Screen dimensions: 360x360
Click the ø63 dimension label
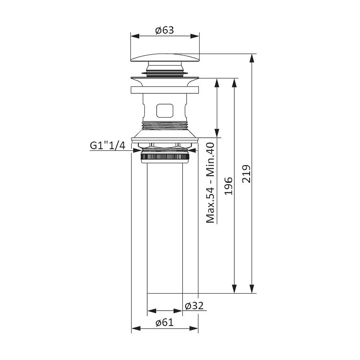165,30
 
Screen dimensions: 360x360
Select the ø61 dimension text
165,322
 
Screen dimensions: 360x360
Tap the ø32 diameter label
194,306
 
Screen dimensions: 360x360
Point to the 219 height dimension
246,174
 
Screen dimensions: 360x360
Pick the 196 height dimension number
228,186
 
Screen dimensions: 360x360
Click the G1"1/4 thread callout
108,145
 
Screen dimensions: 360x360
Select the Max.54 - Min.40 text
210,183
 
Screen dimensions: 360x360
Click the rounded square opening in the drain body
165,111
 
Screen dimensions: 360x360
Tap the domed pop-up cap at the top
165,58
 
